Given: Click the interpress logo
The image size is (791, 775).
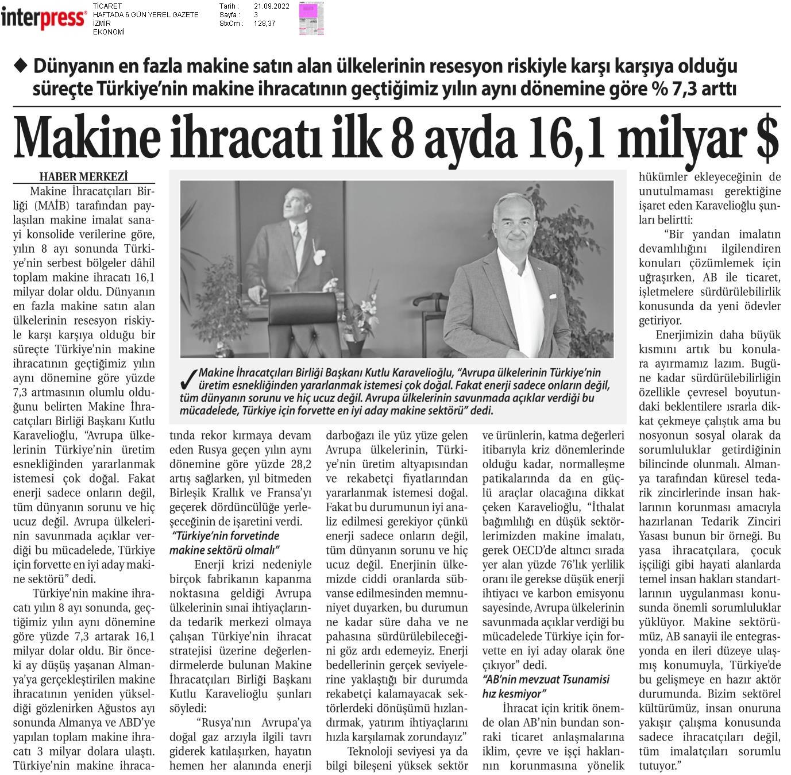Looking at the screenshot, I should coord(43,18).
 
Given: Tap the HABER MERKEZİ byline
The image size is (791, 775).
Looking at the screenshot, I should coord(83,176).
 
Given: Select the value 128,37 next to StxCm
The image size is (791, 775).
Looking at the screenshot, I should coord(265,24).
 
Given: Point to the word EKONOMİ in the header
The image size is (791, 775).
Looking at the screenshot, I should coord(109,32).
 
